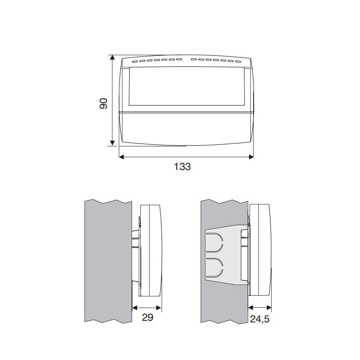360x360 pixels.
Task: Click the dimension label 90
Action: click(x=104, y=104)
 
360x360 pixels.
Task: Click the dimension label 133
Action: click(x=182, y=167)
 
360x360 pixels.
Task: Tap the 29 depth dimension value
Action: click(x=147, y=318)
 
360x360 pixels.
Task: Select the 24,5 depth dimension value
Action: click(x=260, y=319)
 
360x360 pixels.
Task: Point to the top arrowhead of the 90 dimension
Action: click(x=112, y=57)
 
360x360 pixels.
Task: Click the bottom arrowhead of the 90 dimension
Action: click(x=112, y=143)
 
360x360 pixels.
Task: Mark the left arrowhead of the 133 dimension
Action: click(x=122, y=157)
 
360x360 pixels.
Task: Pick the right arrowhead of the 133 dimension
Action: click(x=251, y=157)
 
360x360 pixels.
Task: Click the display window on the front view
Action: click(x=187, y=86)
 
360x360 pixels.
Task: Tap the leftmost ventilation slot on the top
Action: click(x=135, y=61)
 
